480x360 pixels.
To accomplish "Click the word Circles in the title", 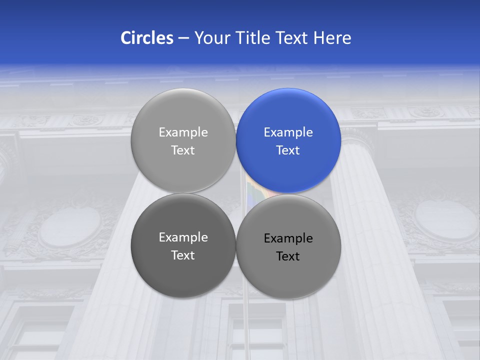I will (x=147, y=38).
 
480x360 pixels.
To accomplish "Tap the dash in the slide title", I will (x=183, y=38).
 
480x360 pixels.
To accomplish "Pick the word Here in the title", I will (x=332, y=38).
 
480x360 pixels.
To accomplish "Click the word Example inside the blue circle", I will (x=288, y=132).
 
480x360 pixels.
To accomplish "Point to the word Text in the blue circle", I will (x=288, y=150).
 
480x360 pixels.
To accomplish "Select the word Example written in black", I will (x=288, y=238).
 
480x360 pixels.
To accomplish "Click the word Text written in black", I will (x=288, y=256).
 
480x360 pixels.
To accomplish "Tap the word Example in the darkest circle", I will (x=183, y=237).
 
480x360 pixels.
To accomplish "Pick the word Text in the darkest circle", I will (x=183, y=255).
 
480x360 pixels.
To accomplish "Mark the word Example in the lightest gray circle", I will (x=183, y=132).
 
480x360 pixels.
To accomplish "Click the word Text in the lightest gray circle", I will (x=183, y=150).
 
